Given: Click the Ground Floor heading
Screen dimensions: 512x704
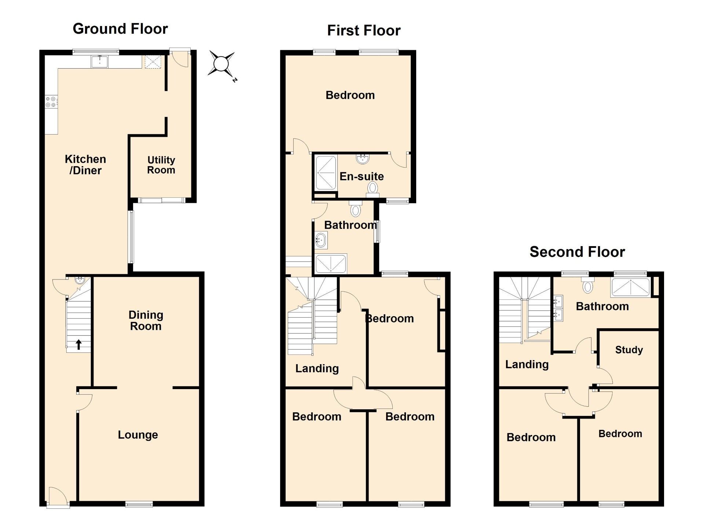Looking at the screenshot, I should point(120,29).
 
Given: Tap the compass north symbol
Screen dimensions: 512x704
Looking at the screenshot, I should point(221,64).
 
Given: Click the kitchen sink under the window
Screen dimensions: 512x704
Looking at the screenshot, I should point(99,62).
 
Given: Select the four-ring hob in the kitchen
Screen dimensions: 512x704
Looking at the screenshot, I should point(51,102).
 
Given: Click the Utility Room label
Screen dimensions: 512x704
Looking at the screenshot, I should point(161,165).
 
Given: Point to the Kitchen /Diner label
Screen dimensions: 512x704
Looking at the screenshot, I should point(85,165).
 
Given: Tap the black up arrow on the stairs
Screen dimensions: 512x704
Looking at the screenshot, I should point(78,344).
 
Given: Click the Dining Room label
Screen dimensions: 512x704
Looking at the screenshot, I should point(146,321).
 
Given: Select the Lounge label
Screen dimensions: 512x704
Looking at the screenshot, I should point(138,435).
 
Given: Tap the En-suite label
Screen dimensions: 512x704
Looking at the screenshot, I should point(362,176).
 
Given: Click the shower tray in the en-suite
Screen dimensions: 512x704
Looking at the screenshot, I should point(326,173).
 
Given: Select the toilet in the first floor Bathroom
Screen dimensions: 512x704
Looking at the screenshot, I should point(355,210).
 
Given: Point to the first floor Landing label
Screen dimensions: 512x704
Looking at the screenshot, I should point(317,368).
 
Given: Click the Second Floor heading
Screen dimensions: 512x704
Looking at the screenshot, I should point(577,252).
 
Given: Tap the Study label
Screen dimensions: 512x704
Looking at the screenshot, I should point(629,350).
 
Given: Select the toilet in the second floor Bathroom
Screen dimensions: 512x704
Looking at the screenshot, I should point(588,286).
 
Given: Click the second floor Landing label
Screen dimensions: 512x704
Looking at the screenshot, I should point(527,364).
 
